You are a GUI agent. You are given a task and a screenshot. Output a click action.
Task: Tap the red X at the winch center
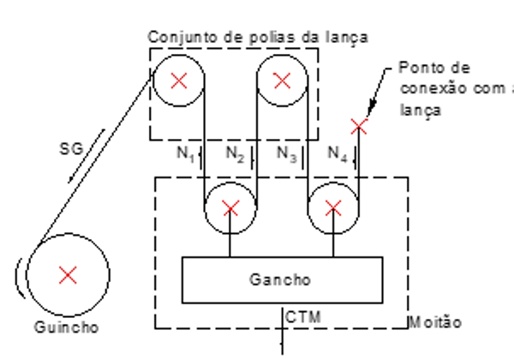[68, 273]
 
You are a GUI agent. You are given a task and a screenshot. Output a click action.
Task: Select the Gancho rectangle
[279, 279]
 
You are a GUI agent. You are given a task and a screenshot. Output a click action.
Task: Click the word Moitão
[438, 322]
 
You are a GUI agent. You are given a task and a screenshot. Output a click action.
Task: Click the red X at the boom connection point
[359, 127]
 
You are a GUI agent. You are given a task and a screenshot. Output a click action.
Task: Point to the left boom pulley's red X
[179, 81]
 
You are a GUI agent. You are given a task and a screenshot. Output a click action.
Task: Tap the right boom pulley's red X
[282, 81]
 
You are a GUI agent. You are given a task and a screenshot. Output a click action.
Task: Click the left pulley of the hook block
[230, 207]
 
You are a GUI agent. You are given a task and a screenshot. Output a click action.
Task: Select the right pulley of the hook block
[333, 207]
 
